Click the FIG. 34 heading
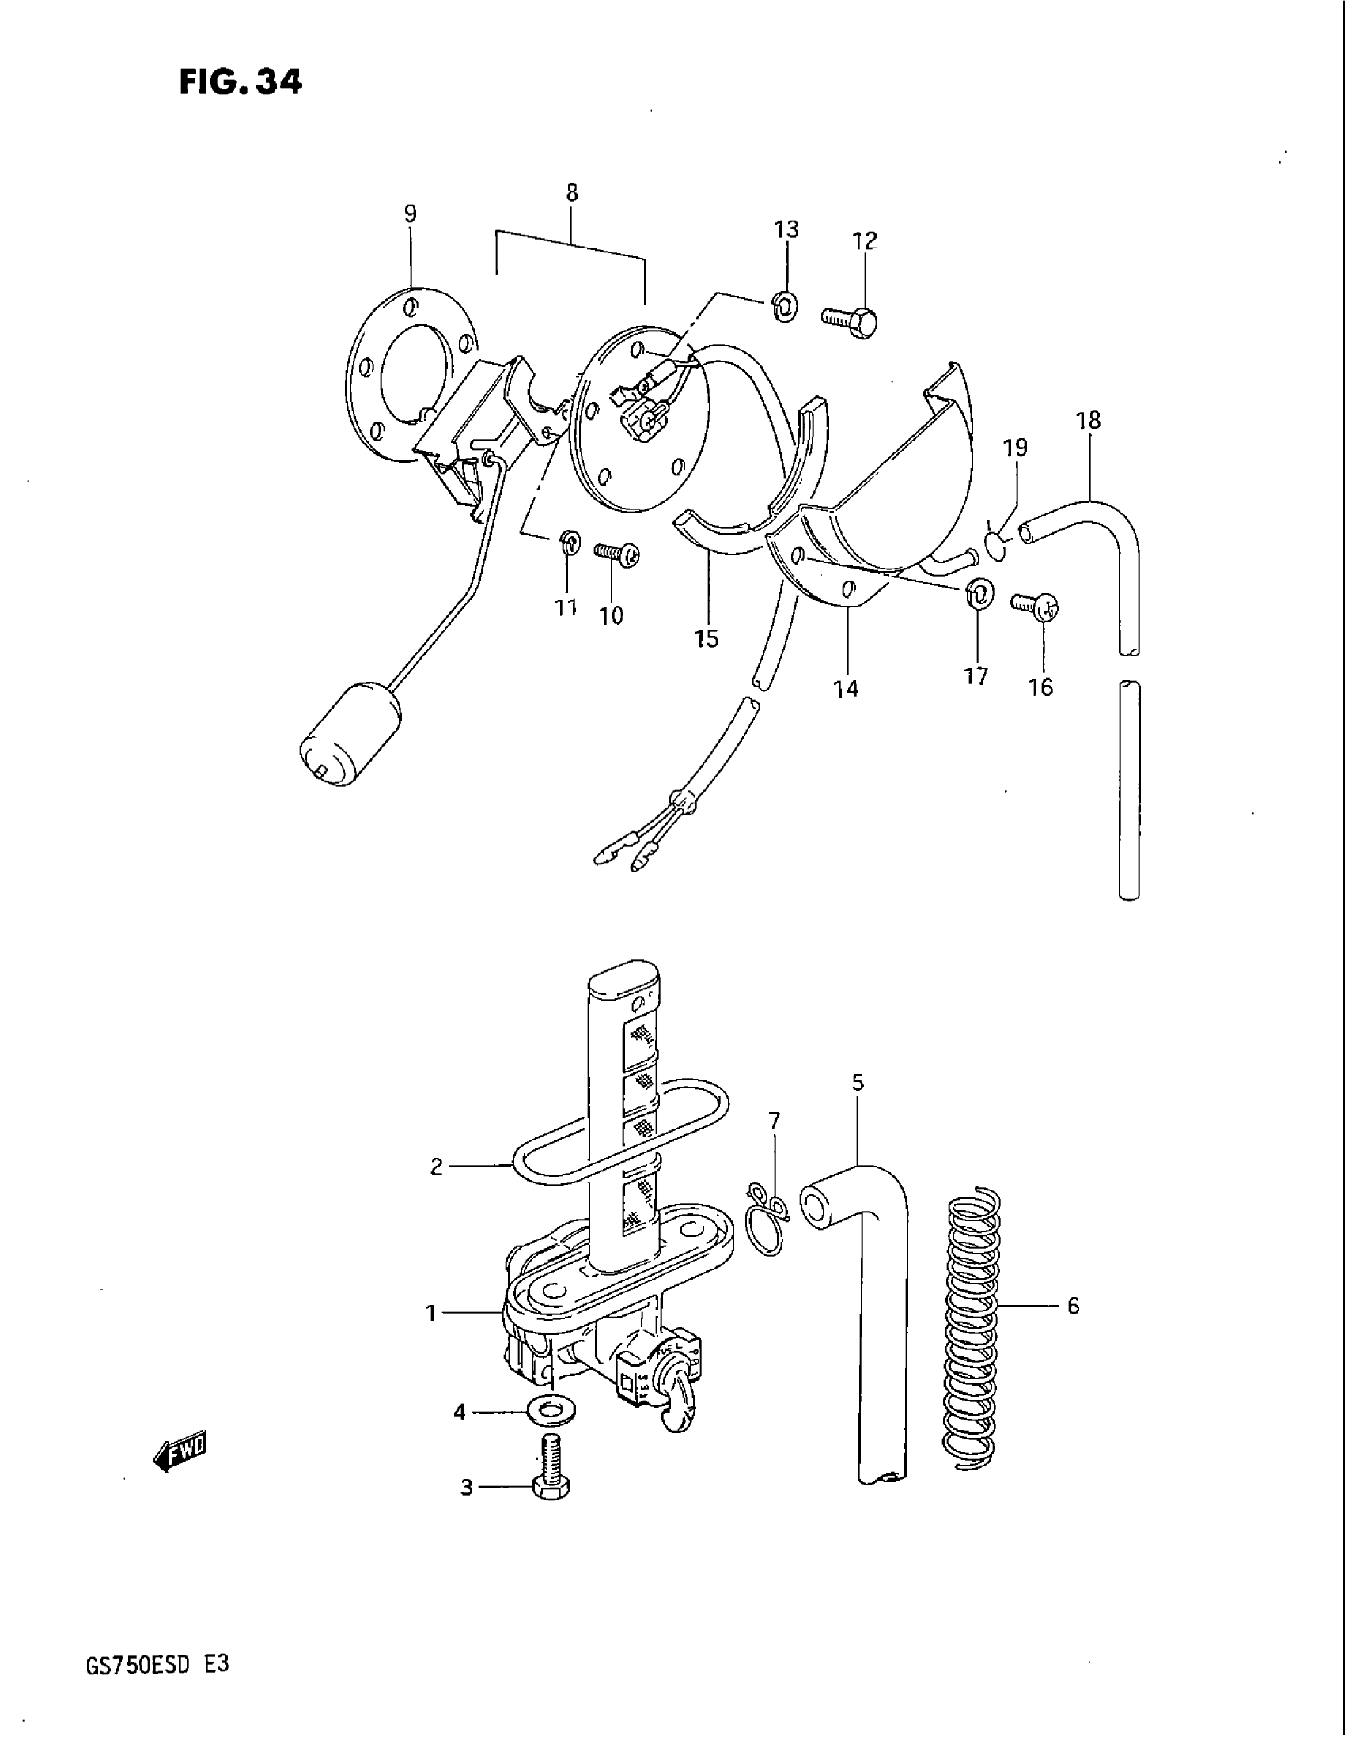[240, 81]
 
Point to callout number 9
[410, 214]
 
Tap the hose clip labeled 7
[766, 1227]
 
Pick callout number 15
[707, 638]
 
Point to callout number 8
[572, 193]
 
